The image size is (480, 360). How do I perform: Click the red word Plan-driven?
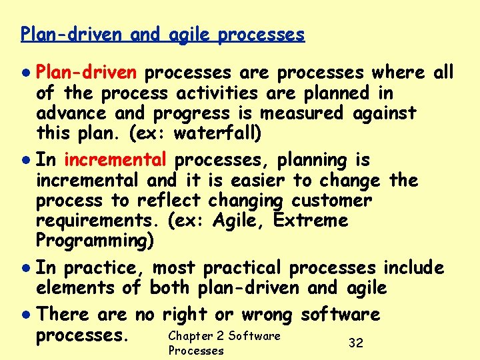tap(86, 72)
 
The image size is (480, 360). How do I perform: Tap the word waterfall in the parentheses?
tap(215, 133)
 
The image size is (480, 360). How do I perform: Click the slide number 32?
tap(356, 343)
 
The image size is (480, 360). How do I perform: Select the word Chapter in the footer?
tap(190, 335)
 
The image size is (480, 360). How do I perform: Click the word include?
tap(413, 268)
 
